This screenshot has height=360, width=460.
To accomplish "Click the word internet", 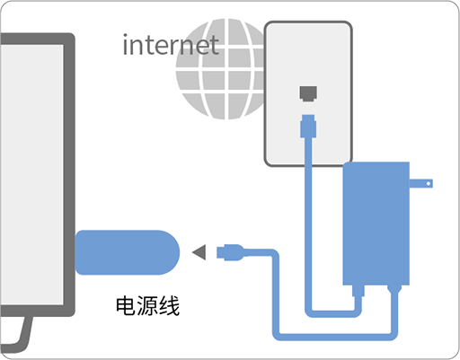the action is pyautogui.click(x=171, y=45).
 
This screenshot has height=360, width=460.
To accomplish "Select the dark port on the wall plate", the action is pyautogui.click(x=308, y=93).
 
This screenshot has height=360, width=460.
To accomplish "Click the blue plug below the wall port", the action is pyautogui.click(x=308, y=126).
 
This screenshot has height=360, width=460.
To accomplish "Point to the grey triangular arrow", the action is pyautogui.click(x=199, y=252).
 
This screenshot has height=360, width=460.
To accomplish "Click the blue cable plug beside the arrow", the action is pyautogui.click(x=230, y=252).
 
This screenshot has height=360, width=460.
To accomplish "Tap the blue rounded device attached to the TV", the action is pyautogui.click(x=128, y=252).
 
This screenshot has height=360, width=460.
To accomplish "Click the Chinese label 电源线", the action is pyautogui.click(x=147, y=305).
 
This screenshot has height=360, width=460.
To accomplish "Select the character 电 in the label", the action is pyautogui.click(x=126, y=305).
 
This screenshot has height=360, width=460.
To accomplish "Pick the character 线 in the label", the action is pyautogui.click(x=169, y=305).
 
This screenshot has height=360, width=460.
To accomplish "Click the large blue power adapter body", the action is pyautogui.click(x=376, y=224).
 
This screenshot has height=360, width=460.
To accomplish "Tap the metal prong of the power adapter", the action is pyautogui.click(x=421, y=183).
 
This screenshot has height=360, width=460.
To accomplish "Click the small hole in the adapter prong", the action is pyautogui.click(x=429, y=183).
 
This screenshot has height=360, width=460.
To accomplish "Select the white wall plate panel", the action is pyautogui.click(x=308, y=93).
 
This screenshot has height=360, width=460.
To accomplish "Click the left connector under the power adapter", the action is pyautogui.click(x=358, y=290).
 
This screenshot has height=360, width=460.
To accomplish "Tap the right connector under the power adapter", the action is pyautogui.click(x=394, y=289).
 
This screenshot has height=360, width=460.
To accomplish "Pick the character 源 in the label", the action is pyautogui.click(x=147, y=305).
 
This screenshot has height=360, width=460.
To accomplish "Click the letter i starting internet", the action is pyautogui.click(x=126, y=45).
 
